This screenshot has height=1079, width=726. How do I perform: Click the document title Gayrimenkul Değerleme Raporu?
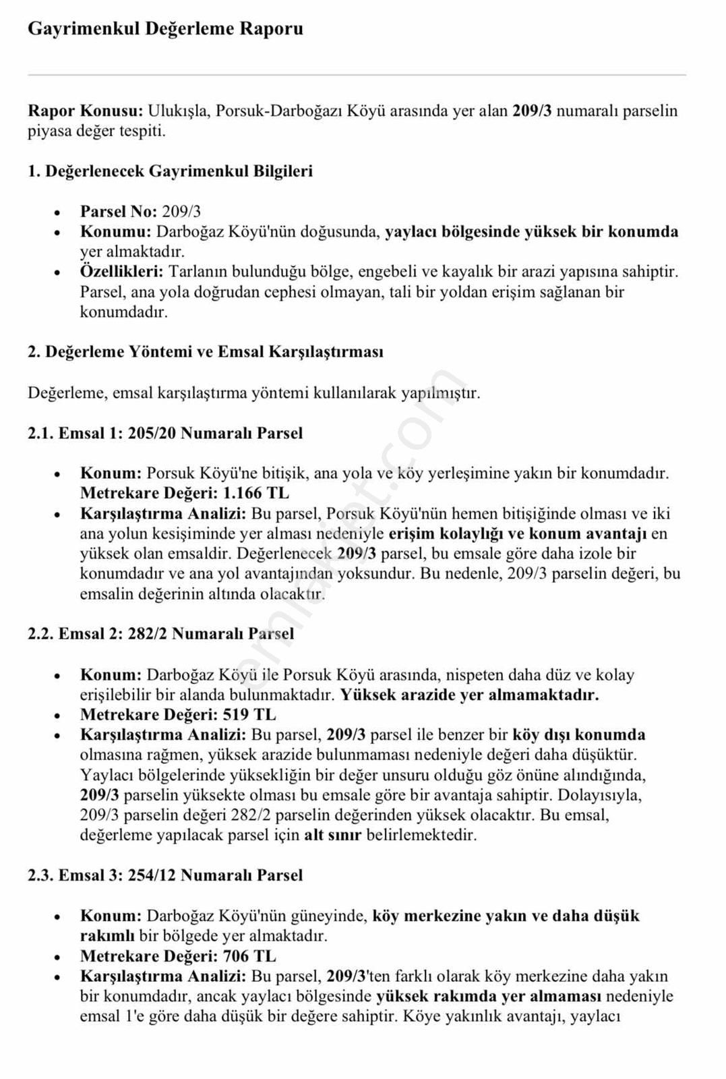pos(165,29)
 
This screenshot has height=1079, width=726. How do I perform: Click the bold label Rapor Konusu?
pos(85,111)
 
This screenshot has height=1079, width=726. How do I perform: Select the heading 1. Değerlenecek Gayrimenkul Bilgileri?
pos(170,171)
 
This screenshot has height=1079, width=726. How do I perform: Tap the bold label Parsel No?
pos(118,212)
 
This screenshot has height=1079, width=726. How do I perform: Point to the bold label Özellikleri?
pos(121,272)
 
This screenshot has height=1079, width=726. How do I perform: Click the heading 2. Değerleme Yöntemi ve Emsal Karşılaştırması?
pos(205,352)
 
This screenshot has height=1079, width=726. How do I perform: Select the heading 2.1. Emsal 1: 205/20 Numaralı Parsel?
pos(165,433)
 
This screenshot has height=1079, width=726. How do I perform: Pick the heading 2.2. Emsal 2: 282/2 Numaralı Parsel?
pos(160,634)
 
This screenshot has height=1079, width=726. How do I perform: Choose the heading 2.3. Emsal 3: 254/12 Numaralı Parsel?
pos(165,875)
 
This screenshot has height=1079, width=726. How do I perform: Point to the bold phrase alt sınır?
pos(332,835)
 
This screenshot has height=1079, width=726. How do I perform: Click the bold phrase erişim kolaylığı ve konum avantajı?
pos(518,534)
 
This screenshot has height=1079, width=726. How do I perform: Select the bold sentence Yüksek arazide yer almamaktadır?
pos(469,695)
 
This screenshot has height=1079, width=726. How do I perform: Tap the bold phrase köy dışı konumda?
pos(578,734)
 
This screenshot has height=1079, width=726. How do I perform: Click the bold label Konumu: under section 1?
pos(115,232)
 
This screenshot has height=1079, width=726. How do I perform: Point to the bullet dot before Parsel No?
pos(59,212)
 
